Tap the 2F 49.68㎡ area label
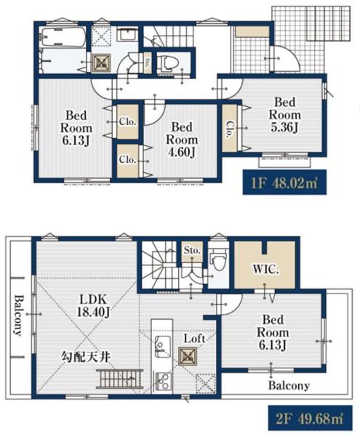tap(310, 419)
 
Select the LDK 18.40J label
tap(94, 306)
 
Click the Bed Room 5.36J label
tap(284, 115)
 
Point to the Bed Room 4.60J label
tap(182, 140)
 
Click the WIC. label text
tap(265, 269)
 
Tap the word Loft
tap(194, 339)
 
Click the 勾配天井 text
tap(85, 357)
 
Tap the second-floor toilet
tap(218, 260)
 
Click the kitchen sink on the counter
tap(163, 344)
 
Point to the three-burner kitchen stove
tap(162, 380)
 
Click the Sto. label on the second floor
tap(192, 250)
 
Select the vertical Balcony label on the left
tap(18, 315)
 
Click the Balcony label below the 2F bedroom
tap(289, 385)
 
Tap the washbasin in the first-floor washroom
tap(128, 35)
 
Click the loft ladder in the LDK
tap(119, 379)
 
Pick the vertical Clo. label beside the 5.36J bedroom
tap(229, 129)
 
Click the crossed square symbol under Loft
tap(188, 357)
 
